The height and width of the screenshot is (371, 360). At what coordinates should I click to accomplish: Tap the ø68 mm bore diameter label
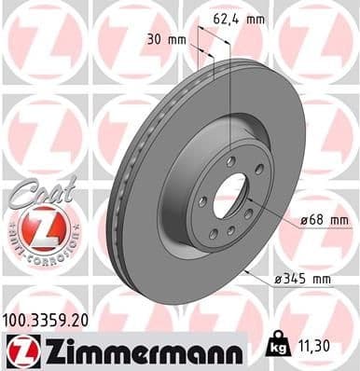click(325, 220)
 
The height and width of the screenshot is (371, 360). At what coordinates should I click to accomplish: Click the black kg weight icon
click(277, 345)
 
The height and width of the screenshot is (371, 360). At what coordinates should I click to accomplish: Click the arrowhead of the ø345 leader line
click(245, 268)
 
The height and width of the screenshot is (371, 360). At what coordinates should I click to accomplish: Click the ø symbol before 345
click(280, 279)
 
